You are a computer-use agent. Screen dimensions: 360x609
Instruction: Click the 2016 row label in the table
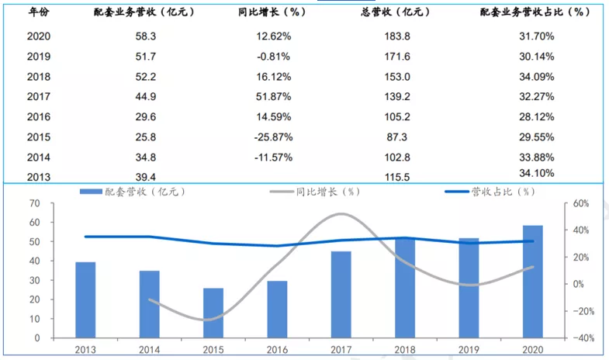(x=39, y=116)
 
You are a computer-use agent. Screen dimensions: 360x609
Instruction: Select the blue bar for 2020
(x=531, y=282)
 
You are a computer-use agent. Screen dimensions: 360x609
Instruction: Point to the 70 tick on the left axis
(x=35, y=203)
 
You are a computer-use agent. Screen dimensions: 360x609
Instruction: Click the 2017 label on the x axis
(x=341, y=349)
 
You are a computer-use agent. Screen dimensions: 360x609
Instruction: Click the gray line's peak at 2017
(x=341, y=213)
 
